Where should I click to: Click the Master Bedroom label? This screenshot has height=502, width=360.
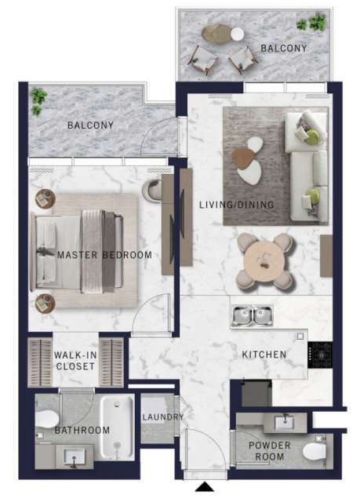point(104,255)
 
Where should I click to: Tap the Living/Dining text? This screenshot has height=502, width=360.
point(237,205)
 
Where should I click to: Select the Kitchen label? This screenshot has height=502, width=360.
point(264,355)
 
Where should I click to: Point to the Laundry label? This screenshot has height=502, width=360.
point(163,417)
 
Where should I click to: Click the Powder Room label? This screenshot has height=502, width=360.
point(270,451)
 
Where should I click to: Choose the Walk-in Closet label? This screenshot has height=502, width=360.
point(75,361)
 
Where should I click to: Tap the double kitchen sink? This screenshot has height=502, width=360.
point(253,315)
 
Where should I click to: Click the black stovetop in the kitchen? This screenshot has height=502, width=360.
point(320,355)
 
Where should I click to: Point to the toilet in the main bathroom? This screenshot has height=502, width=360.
point(47,418)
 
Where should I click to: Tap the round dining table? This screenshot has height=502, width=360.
point(264,260)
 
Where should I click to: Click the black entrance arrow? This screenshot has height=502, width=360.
point(205,487)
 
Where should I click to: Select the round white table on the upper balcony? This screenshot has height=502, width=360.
point(238,34)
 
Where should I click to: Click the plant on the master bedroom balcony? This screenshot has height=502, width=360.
point(38,101)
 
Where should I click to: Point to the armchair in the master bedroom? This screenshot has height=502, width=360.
point(152,191)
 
